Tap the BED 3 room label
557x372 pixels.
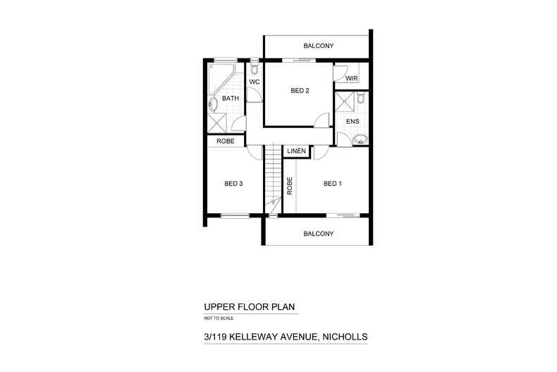(x=234, y=184)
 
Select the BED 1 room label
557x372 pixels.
(x=332, y=184)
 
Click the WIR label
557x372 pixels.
(x=351, y=79)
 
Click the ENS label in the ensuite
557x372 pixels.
(x=353, y=121)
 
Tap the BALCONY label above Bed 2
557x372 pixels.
(x=318, y=46)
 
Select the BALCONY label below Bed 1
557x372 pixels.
(x=318, y=233)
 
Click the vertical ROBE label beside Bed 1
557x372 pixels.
(x=290, y=185)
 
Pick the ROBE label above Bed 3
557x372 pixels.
(x=226, y=141)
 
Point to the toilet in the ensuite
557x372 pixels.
(x=361, y=98)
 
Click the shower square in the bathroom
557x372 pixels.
(x=218, y=124)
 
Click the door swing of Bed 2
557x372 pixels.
(x=322, y=120)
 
